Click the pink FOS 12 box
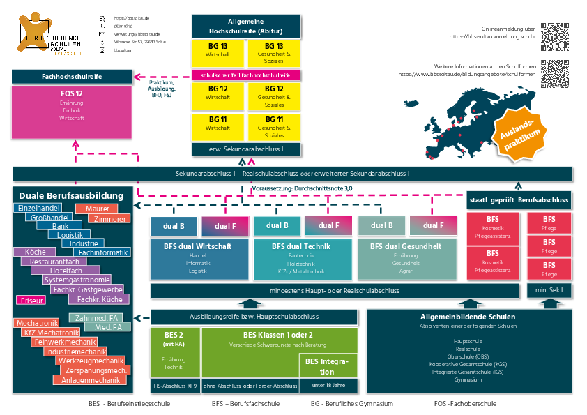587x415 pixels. (72, 112)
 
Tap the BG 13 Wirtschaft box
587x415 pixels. (218, 50)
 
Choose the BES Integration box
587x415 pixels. (328, 365)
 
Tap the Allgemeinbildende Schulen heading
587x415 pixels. (468, 316)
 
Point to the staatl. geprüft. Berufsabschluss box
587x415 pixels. (519, 200)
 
